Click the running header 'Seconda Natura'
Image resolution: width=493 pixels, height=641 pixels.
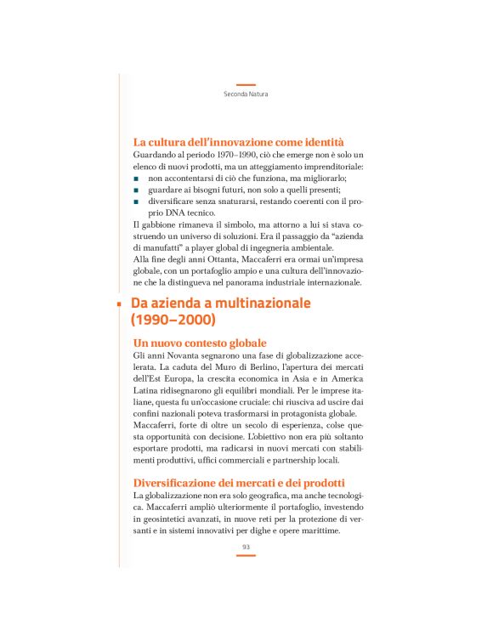click(246, 94)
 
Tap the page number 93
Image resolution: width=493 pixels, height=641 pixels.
click(246, 547)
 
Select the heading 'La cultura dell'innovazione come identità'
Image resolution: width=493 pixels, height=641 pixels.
click(239, 141)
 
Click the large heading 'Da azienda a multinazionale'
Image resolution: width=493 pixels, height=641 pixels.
click(220, 303)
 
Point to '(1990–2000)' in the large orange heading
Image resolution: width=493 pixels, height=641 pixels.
click(173, 321)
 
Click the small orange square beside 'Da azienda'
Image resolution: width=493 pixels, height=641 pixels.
click(119, 303)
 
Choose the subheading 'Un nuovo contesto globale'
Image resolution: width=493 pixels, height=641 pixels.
click(200, 342)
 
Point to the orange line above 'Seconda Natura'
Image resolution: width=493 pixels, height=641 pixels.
click(246, 84)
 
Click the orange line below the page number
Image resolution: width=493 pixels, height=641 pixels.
click(246, 556)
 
